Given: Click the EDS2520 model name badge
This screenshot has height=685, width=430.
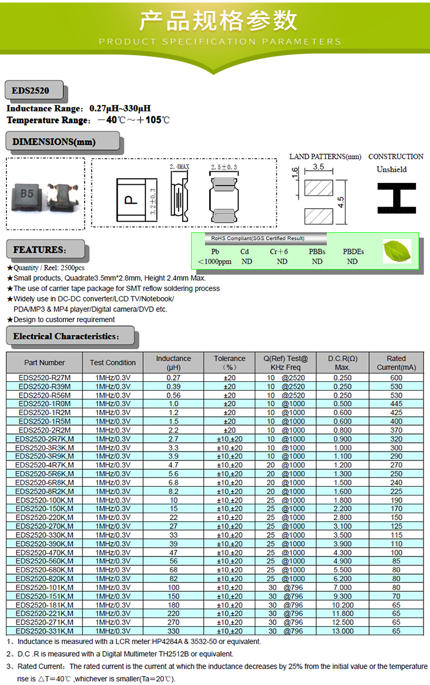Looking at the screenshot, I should tap(31, 91).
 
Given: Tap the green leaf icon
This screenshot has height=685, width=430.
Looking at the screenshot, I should tap(397, 251).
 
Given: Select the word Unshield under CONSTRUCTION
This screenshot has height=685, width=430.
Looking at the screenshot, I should tap(391, 169).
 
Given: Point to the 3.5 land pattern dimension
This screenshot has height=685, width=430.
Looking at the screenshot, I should tap(319, 167).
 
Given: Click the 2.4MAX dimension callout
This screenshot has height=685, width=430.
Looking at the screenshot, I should tap(179, 168).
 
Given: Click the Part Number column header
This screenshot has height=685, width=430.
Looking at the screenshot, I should tap(45, 362).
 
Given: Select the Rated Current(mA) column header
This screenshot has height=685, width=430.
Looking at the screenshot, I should tap(396, 362).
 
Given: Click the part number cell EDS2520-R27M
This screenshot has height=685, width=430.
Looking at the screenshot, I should tap(45, 378).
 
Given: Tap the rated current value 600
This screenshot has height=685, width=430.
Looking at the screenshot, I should tap(397, 378).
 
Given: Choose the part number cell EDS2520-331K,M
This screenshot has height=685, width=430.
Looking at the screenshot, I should tap(45, 631).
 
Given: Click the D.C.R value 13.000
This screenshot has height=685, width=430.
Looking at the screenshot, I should tap(343, 631).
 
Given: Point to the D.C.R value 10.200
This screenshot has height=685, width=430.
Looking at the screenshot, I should tap(343, 605).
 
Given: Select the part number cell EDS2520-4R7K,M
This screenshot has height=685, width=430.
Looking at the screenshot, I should tap(45, 465).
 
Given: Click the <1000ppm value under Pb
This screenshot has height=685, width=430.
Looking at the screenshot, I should tap(214, 262).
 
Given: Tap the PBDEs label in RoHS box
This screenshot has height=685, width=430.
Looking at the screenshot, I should tap(353, 252).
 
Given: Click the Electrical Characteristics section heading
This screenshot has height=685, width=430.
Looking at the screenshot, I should tap(66, 337).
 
